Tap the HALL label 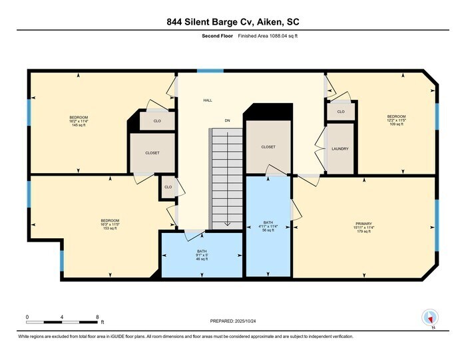208,100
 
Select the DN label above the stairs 227,120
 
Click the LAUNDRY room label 340,148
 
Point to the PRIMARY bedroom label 363,224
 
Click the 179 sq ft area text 363,232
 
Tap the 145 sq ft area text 79,125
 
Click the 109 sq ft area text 397,124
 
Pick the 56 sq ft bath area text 269,230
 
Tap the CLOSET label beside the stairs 268,146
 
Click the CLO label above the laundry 341,112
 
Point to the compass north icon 429,318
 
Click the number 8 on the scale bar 97,316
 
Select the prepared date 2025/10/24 233,321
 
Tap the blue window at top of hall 210,71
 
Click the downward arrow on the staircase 227,223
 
